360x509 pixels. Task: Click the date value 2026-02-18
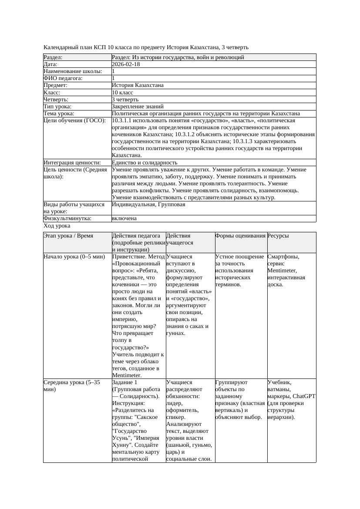(126, 64)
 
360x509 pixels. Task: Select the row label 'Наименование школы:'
(73, 71)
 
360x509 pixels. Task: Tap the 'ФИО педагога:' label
(63, 78)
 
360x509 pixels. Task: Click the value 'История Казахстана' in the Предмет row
(138, 85)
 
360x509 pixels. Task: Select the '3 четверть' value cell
(125, 100)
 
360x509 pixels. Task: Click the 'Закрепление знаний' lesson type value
(138, 107)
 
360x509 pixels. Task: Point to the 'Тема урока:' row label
(59, 114)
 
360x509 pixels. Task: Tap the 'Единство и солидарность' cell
(145, 163)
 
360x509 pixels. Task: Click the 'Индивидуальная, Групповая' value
(148, 204)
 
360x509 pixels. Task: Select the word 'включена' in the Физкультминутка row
(124, 218)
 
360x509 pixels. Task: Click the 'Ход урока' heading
(57, 226)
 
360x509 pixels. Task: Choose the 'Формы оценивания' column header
(240, 236)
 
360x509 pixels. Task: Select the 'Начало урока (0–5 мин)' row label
(74, 257)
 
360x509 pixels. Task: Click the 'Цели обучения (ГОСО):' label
(74, 121)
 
